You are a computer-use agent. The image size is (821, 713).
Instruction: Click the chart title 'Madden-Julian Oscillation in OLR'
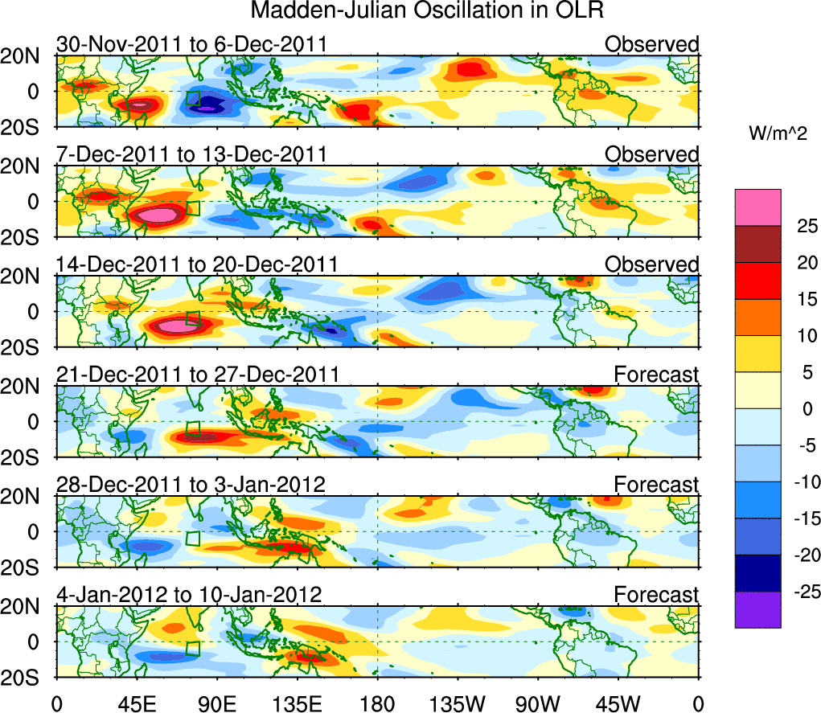(x=427, y=11)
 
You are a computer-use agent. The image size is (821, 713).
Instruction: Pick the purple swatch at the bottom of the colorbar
(x=757, y=609)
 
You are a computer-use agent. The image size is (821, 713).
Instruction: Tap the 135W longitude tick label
(x=457, y=702)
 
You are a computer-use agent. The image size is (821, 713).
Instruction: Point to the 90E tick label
(x=216, y=702)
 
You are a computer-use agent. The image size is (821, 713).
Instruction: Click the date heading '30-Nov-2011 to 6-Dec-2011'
(x=191, y=43)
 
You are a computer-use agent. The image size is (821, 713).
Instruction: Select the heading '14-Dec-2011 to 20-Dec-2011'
(x=197, y=264)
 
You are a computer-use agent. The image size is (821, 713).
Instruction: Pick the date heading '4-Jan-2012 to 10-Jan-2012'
(x=189, y=595)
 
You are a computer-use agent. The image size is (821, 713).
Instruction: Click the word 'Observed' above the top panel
(x=652, y=43)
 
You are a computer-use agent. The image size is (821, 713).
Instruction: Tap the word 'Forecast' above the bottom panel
(x=657, y=595)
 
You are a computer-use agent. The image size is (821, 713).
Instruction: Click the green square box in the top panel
(x=192, y=98)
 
